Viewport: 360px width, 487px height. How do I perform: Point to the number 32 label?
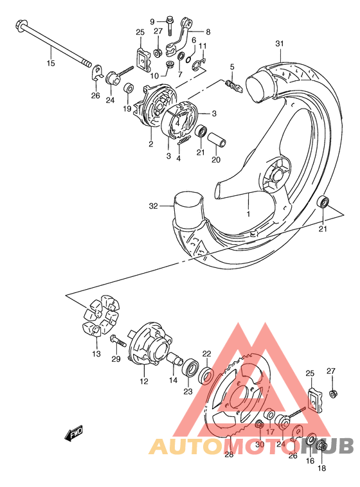pos(153,206)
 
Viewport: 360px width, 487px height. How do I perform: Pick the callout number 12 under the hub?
pos(143,381)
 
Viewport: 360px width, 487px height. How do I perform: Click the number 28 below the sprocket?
pos(228,455)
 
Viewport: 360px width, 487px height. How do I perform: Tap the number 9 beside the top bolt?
pos(152,21)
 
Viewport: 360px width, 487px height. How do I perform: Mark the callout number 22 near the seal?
pos(207,353)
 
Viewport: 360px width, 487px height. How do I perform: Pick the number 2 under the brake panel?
pos(150,144)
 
